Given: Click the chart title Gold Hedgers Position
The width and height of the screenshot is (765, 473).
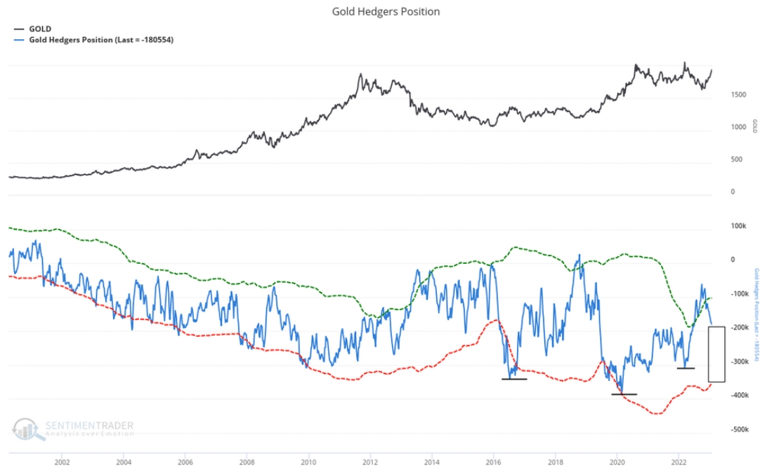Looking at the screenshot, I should click(x=386, y=11).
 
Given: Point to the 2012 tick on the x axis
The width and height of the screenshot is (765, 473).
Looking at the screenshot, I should click(x=370, y=462).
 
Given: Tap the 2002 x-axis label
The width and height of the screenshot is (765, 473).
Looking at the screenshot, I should click(x=62, y=462).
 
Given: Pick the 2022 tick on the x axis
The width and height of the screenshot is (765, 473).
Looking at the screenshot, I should click(x=679, y=462).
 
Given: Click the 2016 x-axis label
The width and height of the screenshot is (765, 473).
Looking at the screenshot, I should click(x=494, y=462).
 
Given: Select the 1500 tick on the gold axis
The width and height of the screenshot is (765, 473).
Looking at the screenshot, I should click(x=738, y=95).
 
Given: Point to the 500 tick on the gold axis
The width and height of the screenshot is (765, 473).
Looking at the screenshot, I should click(x=736, y=160).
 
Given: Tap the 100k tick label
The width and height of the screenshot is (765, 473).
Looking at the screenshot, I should click(x=738, y=226).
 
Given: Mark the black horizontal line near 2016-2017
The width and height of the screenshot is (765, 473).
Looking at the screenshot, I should click(x=514, y=379).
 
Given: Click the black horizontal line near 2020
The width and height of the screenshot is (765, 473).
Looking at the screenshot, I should click(x=624, y=394).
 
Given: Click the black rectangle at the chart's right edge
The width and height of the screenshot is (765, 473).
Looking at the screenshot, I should click(x=717, y=354).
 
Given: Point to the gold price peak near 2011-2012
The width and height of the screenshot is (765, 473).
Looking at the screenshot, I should click(x=360, y=74).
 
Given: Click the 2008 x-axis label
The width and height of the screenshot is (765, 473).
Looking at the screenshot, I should click(x=247, y=462).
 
